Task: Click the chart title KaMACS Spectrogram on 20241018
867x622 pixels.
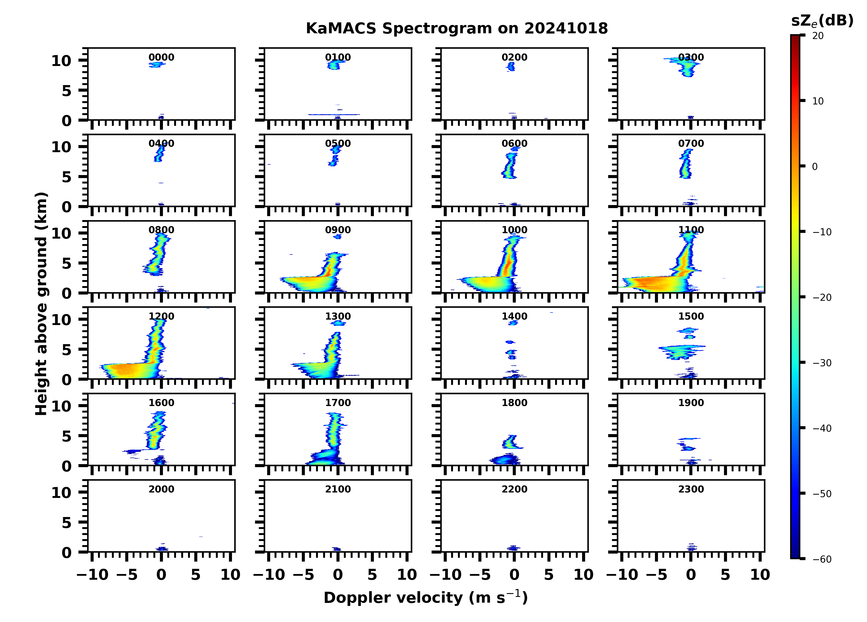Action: [457, 29]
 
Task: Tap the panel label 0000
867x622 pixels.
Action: [161, 57]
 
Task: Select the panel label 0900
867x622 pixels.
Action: [338, 230]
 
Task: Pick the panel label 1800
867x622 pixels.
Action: [514, 403]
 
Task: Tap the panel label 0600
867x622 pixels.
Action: [514, 144]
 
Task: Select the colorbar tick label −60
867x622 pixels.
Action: [822, 559]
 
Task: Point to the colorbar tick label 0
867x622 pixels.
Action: [815, 167]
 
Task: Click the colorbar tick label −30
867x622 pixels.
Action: [822, 363]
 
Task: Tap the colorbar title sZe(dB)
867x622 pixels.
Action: [822, 21]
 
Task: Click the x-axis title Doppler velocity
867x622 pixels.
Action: [425, 597]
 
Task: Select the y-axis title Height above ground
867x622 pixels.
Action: [41, 304]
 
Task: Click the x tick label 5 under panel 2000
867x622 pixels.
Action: [196, 575]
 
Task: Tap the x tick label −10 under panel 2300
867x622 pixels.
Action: [622, 575]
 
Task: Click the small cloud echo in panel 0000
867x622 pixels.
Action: [157, 65]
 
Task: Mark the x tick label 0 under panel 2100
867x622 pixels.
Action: [338, 575]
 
